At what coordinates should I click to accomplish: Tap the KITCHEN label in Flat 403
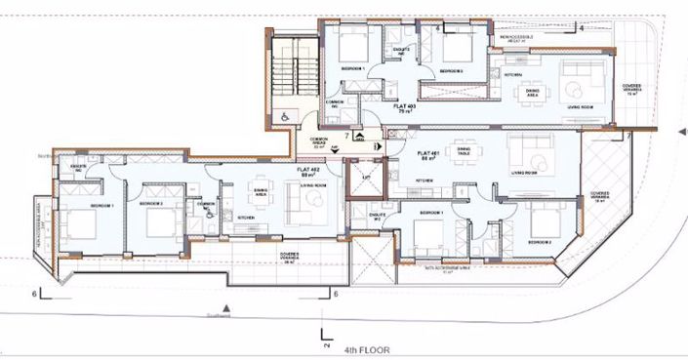coord(513,74)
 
